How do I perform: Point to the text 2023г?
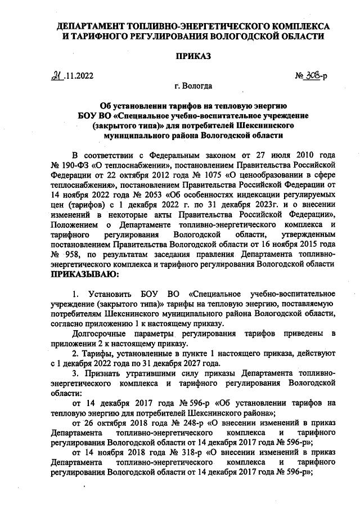coord(240,204)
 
